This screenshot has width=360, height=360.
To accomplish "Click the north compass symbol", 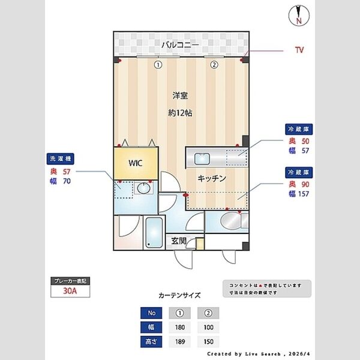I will click(298, 15).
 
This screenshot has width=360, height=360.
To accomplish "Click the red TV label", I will click(299, 50).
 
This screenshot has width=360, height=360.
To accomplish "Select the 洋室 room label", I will click(180, 95).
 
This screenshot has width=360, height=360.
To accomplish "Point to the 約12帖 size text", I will click(180, 113).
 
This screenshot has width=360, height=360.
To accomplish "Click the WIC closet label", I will click(134, 163).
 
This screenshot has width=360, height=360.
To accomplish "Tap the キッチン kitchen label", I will click(212, 178).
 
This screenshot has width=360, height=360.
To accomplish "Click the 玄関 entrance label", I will click(179, 241).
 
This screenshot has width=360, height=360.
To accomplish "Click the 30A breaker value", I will click(70, 292).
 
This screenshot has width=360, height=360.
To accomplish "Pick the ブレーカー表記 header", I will click(70, 281).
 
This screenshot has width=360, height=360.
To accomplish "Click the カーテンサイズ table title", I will click(179, 296).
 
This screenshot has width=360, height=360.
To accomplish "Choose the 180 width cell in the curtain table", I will click(180, 328).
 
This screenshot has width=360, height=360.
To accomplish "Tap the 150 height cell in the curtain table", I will click(208, 342).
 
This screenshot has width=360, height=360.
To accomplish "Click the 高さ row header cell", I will click(151, 342).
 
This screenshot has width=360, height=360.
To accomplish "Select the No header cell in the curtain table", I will click(151, 313).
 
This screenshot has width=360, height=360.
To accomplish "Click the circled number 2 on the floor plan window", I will click(213, 65).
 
